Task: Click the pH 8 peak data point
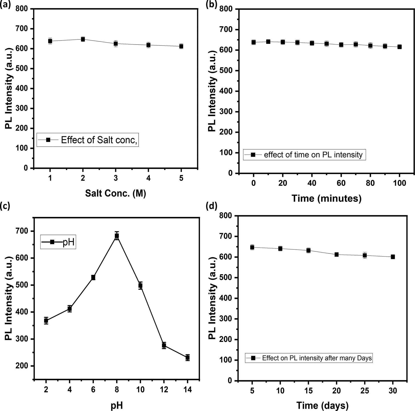(117, 236)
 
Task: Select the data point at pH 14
(187, 358)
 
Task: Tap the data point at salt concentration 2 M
(83, 39)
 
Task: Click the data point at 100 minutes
(399, 47)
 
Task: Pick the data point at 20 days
(336, 255)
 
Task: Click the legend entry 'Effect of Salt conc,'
(88, 140)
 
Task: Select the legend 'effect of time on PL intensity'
(304, 155)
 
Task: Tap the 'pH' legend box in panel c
(58, 242)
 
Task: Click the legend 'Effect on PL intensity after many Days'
(309, 358)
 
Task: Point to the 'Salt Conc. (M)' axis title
(115, 193)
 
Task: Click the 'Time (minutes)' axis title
(326, 198)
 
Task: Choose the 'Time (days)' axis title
(322, 405)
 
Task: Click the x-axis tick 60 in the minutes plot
(341, 183)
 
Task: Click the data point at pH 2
(46, 321)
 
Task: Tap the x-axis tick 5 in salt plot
(181, 178)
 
